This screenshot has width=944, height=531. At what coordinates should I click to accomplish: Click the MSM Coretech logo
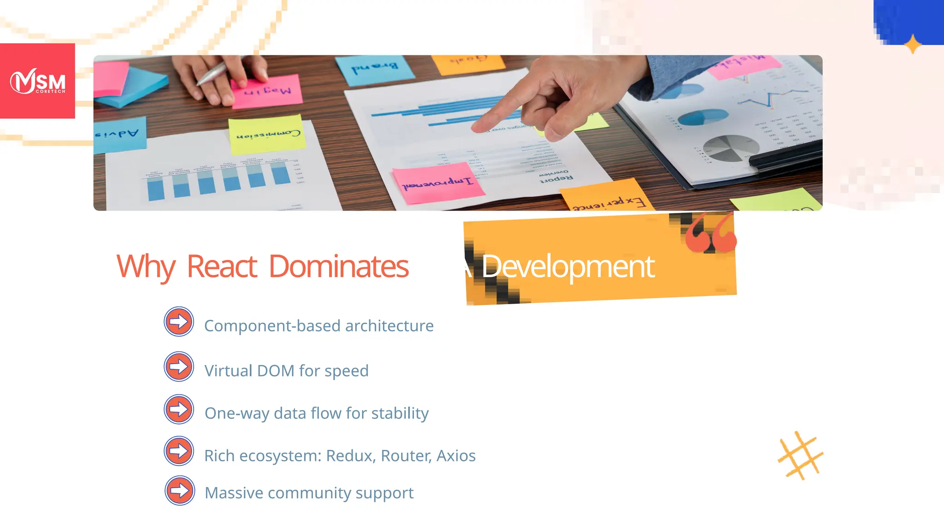click(38, 82)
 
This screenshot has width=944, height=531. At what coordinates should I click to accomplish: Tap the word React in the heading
click(222, 267)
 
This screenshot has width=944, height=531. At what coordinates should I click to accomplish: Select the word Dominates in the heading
click(338, 267)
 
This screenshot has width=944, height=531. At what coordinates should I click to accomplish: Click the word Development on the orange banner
click(568, 267)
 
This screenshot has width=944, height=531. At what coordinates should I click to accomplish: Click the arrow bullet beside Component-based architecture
click(179, 321)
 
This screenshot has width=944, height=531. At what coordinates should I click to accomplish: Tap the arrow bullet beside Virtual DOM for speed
click(179, 366)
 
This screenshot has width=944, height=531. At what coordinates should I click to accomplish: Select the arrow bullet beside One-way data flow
click(179, 409)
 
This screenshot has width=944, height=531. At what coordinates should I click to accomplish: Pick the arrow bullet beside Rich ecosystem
click(179, 451)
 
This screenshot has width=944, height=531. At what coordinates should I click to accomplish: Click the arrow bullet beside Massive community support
click(180, 490)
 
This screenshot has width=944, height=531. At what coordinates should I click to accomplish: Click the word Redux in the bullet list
click(351, 456)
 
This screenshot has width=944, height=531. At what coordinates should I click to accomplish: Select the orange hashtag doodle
click(801, 455)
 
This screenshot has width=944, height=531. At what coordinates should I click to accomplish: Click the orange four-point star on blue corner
click(912, 45)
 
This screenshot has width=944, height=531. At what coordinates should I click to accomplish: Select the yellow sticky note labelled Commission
click(267, 134)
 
